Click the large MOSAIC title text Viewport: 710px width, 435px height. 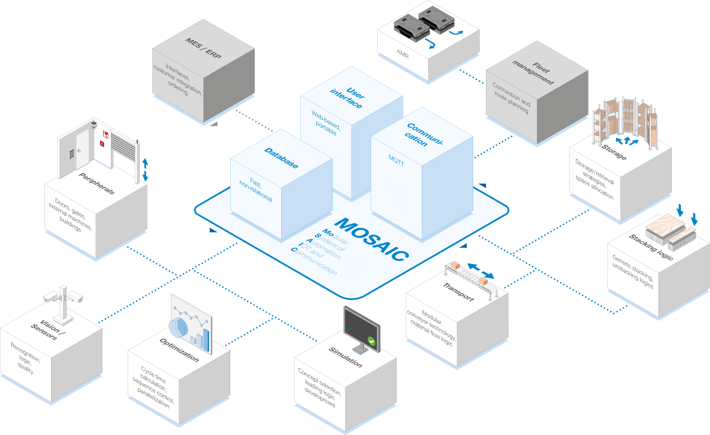tap(372, 240)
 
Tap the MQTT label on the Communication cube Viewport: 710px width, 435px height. tap(396, 161)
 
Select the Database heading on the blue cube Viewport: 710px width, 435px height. tap(281, 158)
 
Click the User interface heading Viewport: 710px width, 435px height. tap(348, 98)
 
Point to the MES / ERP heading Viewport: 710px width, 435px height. tap(203, 48)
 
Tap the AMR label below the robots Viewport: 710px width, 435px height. tap(403, 54)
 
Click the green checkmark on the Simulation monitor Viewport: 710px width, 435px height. tap(371, 341)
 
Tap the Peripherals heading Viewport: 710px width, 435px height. tap(96, 183)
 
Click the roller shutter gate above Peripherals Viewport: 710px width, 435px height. tap(123, 148)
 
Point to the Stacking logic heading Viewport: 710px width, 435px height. tap(651, 247)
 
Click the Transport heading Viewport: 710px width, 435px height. tap(458, 292)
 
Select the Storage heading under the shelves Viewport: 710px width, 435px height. tap(614, 152)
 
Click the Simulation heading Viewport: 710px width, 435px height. tap(346, 357)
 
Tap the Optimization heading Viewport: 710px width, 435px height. tap(179, 350)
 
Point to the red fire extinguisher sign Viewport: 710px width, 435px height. tap(106, 135)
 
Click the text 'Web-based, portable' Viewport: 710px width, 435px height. tap(326, 122)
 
